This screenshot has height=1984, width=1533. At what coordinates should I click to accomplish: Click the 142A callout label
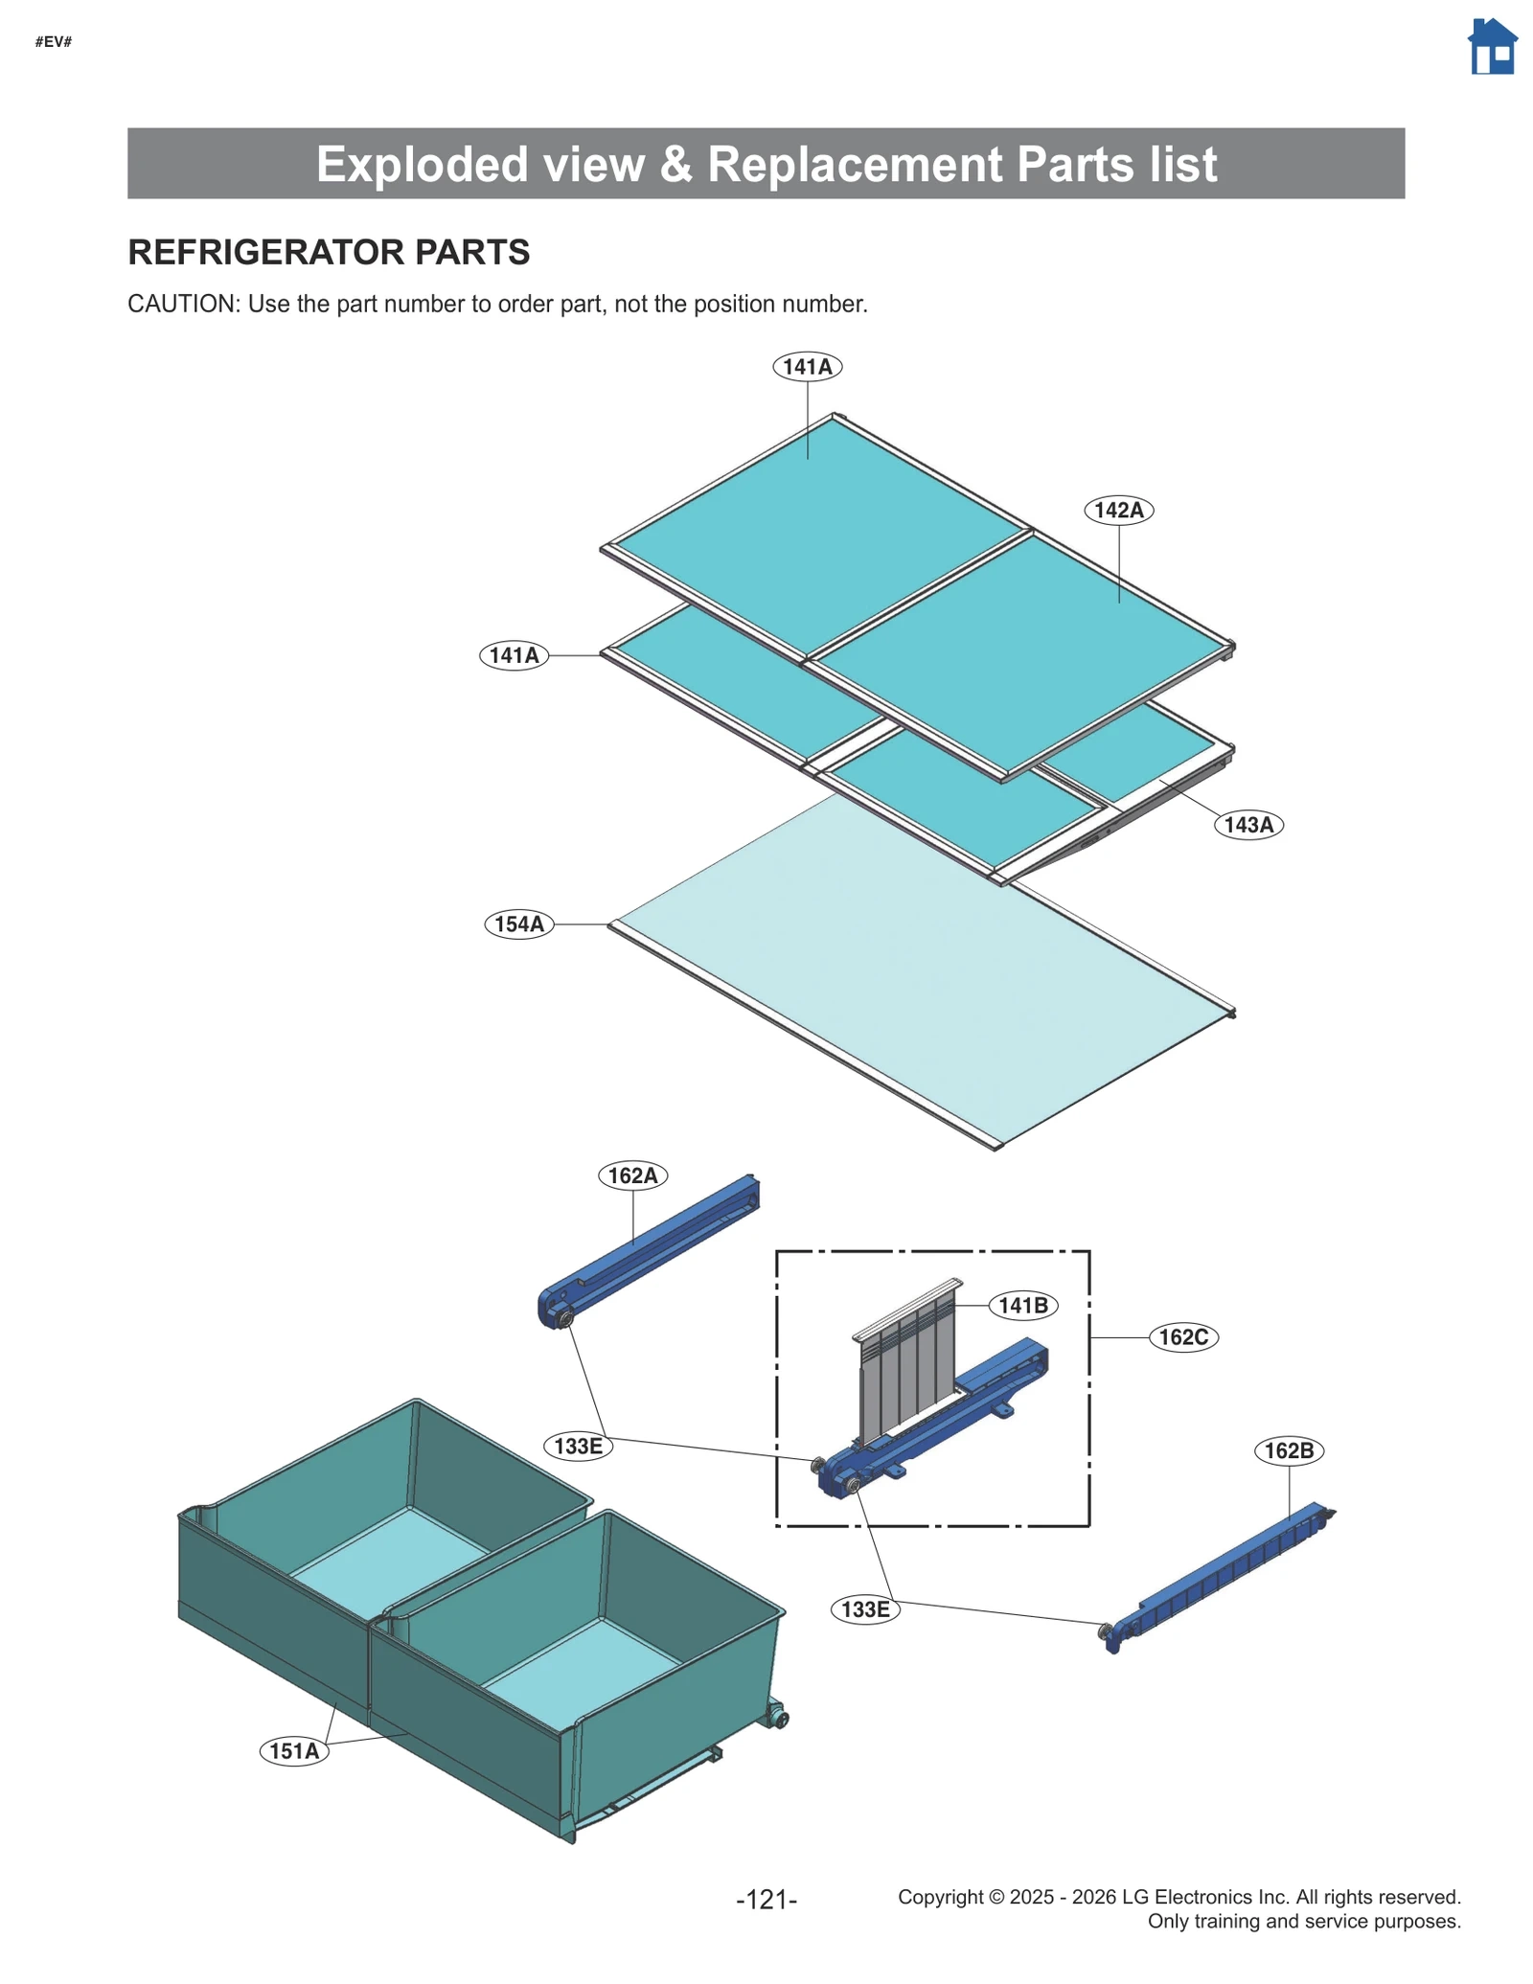(1118, 510)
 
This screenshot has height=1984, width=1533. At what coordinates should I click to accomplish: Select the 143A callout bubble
(1247, 825)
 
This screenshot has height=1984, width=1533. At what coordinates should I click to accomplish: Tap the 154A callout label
(518, 924)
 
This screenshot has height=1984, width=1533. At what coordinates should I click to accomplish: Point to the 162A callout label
(632, 1175)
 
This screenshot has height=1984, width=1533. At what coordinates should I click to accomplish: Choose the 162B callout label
(1288, 1450)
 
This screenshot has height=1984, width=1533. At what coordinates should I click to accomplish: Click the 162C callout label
(1182, 1337)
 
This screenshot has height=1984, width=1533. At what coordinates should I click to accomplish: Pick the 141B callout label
(1022, 1306)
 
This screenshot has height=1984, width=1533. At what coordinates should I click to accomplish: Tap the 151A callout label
(293, 1751)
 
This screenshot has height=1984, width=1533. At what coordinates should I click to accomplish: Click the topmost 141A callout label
(807, 367)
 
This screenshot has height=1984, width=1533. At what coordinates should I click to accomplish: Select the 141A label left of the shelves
(514, 655)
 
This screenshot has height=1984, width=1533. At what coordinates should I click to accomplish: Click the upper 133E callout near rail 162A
(578, 1446)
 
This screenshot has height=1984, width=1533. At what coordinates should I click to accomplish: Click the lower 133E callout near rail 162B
(864, 1609)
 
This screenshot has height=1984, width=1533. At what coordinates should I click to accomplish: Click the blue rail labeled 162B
(1217, 1576)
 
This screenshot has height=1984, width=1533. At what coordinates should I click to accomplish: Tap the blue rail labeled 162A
(652, 1250)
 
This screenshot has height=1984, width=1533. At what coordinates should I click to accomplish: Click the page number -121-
(766, 1899)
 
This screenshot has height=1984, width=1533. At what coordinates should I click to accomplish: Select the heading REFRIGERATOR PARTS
(329, 252)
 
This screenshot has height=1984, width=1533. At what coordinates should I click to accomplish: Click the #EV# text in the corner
(54, 41)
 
